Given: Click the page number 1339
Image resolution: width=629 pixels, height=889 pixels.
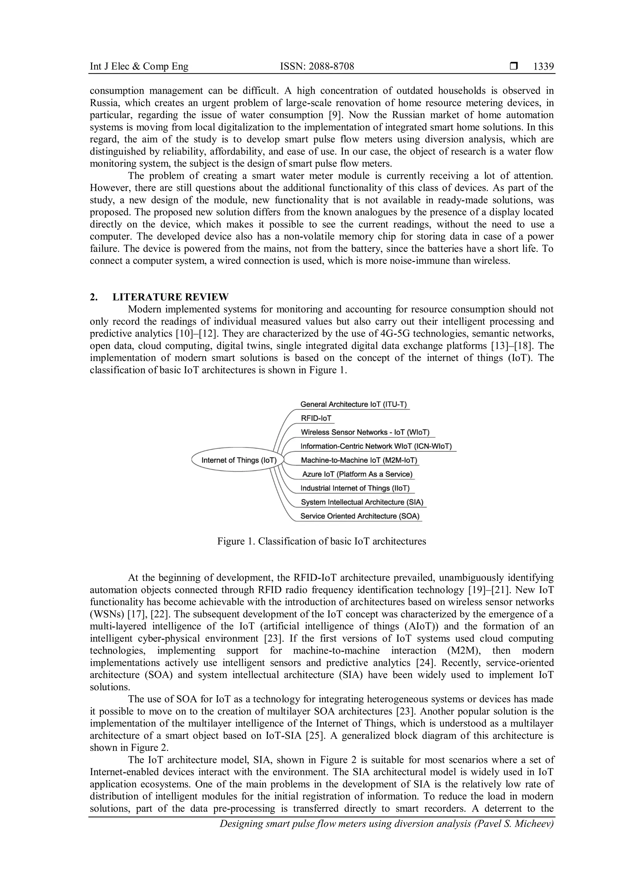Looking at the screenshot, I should (543, 67).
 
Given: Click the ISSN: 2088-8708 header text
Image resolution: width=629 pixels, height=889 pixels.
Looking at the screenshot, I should (317, 67).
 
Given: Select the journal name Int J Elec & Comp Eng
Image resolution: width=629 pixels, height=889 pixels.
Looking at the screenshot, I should (139, 67).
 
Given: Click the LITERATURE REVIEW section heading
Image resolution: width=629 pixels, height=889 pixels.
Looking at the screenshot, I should (170, 297).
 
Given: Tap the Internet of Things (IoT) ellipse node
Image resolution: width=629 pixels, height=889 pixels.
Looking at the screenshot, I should (239, 460).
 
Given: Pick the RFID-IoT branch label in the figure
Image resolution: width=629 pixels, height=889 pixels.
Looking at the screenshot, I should (316, 418).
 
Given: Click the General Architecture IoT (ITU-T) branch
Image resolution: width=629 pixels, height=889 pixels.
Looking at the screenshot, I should (353, 404).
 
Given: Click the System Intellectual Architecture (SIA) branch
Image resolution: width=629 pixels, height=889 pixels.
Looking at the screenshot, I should (362, 502).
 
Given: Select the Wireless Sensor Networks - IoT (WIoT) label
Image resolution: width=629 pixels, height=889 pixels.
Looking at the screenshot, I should (365, 432).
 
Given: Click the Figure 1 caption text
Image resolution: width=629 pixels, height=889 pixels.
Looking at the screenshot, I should (322, 541).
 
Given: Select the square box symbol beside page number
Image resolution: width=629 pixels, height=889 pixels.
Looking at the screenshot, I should (514, 67).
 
